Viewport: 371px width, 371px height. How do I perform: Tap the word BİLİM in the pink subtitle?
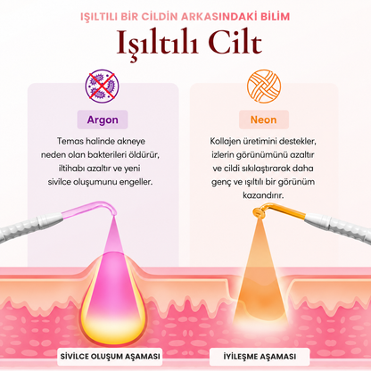coord(275,17)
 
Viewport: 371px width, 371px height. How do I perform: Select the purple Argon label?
coord(103,120)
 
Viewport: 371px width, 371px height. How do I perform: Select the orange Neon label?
coord(264,120)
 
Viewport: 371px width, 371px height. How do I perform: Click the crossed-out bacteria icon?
coord(102,87)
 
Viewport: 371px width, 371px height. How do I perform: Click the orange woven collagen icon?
coord(264,87)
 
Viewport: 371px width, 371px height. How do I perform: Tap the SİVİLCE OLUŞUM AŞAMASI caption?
coord(110,357)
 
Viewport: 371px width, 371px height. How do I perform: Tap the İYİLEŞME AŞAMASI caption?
coord(260,357)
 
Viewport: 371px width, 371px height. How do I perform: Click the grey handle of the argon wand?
coord(31,227)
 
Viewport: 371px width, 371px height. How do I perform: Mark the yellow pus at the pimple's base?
coord(111,328)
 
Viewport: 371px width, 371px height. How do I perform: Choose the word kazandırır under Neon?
coord(263,195)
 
